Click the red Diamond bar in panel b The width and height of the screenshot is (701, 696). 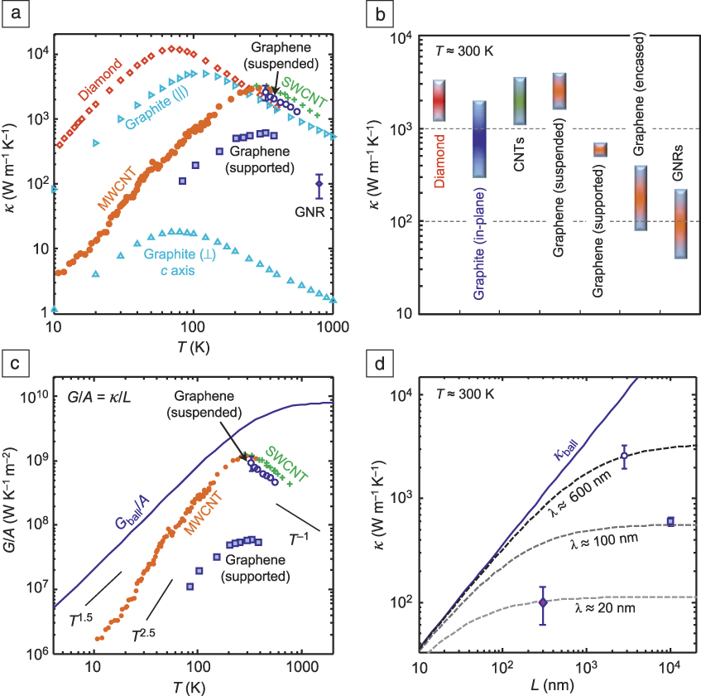coord(439,101)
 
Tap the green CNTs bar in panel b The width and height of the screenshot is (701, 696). coord(520,101)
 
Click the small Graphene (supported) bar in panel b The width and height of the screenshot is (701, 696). coord(599,149)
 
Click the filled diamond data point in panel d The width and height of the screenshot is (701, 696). coord(543,602)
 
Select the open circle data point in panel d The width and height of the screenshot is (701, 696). coord(625,456)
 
